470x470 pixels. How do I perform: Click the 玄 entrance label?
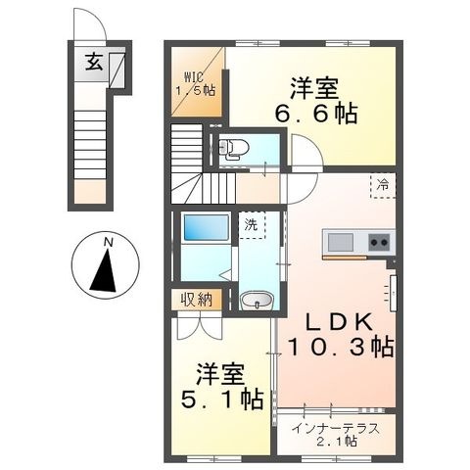point(94,62)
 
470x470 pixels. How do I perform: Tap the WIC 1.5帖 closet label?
point(196,84)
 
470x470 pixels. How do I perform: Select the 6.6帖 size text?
point(316,114)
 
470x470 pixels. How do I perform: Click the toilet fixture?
point(233,149)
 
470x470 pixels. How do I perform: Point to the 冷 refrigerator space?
point(383,185)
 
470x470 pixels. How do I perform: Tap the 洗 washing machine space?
point(252,225)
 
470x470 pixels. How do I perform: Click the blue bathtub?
point(207,227)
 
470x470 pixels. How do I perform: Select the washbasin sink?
point(257,300)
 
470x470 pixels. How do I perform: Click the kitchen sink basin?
point(341,243)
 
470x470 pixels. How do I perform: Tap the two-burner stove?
point(379,242)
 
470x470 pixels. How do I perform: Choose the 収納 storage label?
point(197,300)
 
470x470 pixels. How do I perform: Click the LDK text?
point(340,322)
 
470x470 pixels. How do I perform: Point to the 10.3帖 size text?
point(341,347)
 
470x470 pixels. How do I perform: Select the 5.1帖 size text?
point(222,399)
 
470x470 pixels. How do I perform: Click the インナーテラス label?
point(336,429)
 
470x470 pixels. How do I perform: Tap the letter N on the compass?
point(109,242)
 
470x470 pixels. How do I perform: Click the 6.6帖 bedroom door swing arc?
point(311,144)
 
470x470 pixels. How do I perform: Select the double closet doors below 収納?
point(200,327)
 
